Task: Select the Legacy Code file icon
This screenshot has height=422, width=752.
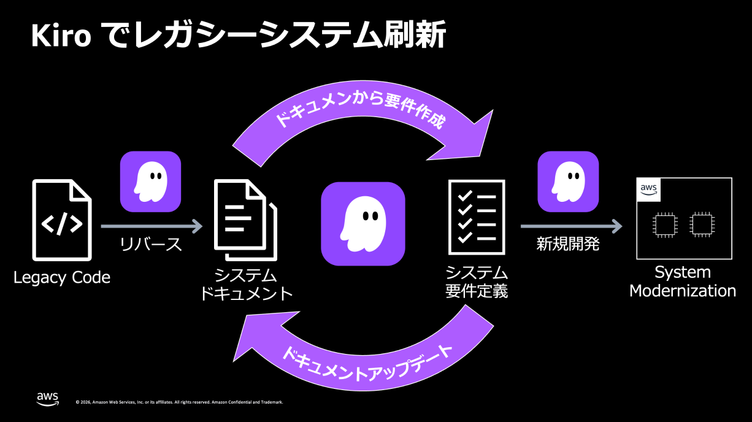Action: pyautogui.click(x=62, y=220)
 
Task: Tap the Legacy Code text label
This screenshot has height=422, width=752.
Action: pyautogui.click(x=62, y=278)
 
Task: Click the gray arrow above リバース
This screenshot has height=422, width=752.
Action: pyautogui.click(x=152, y=226)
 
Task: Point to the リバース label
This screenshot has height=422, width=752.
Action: pyautogui.click(x=152, y=245)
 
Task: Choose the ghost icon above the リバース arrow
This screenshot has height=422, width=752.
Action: pyautogui.click(x=150, y=182)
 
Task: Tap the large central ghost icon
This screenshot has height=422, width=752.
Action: pyautogui.click(x=363, y=223)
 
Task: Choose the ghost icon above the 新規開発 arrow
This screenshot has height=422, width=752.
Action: pyautogui.click(x=568, y=182)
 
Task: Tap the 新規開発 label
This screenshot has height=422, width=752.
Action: pyautogui.click(x=568, y=245)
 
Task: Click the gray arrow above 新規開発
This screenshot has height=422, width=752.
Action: pyautogui.click(x=570, y=226)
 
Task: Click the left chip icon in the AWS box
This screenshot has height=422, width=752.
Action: pyautogui.click(x=664, y=224)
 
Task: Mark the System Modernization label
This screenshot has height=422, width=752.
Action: pyautogui.click(x=683, y=282)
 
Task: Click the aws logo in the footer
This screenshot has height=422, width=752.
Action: pyautogui.click(x=48, y=399)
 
